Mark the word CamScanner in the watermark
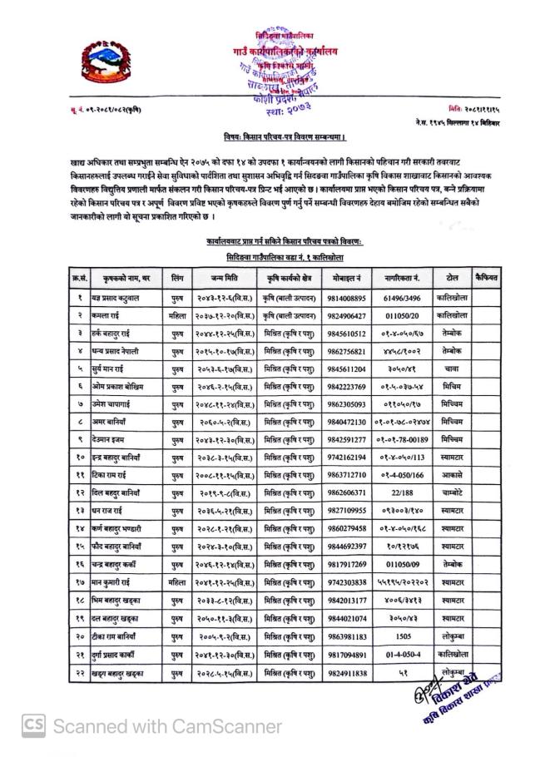click(224, 726)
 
